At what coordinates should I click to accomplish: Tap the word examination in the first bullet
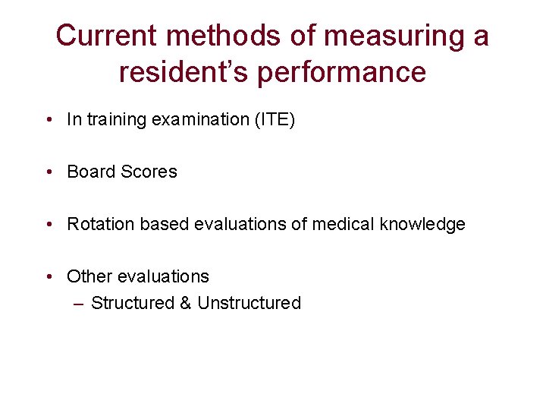196,119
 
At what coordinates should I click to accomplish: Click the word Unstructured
249,303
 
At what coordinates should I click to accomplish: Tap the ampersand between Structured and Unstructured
186,303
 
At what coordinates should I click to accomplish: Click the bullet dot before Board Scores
49,172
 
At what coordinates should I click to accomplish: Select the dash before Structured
80,304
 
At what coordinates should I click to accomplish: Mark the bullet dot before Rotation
49,225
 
